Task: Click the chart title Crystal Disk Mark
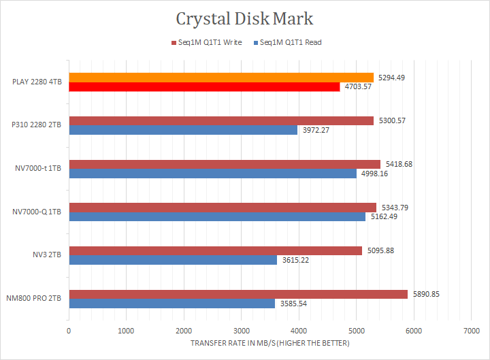pos(244,18)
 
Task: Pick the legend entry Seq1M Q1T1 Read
pos(287,42)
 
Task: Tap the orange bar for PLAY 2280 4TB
pos(221,78)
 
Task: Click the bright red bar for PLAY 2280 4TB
pos(204,87)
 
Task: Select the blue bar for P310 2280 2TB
pos(183,130)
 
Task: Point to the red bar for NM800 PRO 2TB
pos(238,294)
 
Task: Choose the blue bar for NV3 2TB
pos(173,260)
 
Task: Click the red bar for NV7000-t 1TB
pos(225,164)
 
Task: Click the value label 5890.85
pos(427,294)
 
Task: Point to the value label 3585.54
pos(294,304)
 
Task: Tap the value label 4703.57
pos(358,87)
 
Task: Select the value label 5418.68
pos(399,164)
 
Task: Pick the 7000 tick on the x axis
pos(470,331)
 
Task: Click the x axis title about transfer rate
pos(269,343)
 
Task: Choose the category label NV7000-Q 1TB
pos(37,212)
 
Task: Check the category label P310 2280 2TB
pos(37,126)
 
